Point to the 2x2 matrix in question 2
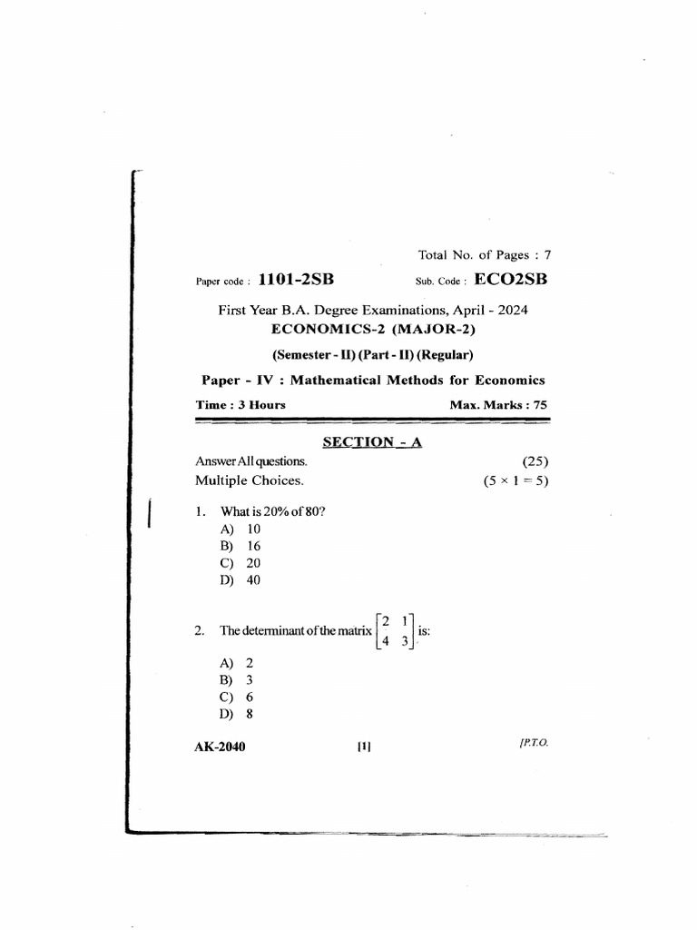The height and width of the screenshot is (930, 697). click(395, 630)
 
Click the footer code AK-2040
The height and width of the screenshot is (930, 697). click(221, 747)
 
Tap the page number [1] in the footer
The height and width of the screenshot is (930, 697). click(365, 747)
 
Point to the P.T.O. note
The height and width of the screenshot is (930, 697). click(534, 743)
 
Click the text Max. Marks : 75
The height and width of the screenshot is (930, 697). click(498, 405)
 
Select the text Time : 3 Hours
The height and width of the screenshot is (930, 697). click(241, 405)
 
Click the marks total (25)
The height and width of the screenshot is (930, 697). click(535, 461)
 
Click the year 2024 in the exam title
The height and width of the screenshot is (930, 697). click(512, 310)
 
